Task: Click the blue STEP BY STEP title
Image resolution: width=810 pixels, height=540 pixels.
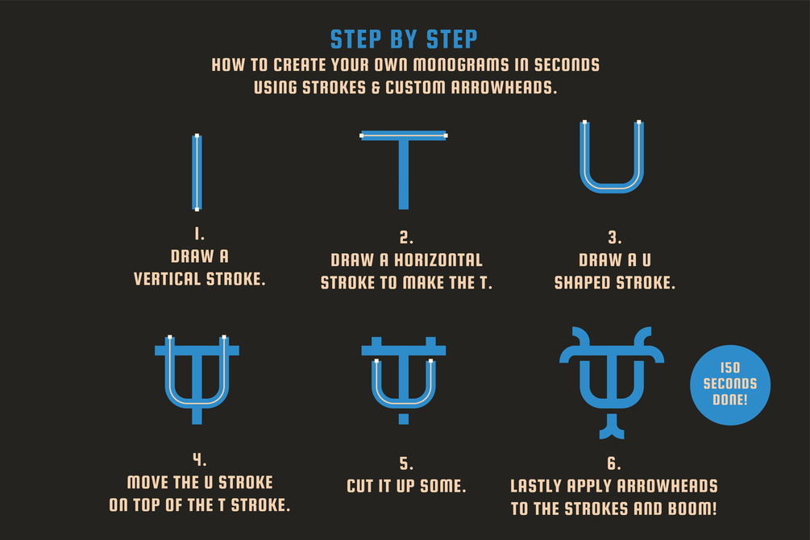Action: tap(404, 39)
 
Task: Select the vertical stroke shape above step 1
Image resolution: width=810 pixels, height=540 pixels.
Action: tap(197, 172)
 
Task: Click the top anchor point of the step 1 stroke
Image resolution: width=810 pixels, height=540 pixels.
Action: tap(197, 136)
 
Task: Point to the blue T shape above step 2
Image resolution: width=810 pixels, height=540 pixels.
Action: tap(404, 169)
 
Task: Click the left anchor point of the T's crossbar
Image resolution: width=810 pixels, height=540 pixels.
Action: tap(362, 136)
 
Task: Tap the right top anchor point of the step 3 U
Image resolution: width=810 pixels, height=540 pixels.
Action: tap(639, 123)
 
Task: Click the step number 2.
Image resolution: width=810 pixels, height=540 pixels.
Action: tap(406, 238)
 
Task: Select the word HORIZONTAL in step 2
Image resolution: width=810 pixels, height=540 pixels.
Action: tap(438, 260)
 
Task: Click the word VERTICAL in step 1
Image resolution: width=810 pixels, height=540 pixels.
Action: tap(168, 279)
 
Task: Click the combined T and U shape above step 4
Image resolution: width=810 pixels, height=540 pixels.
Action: tap(197, 380)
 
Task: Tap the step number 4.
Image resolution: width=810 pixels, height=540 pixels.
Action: tap(199, 459)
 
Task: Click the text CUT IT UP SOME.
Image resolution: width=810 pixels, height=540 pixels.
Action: tap(406, 486)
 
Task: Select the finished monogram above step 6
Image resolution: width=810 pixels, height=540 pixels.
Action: tap(612, 383)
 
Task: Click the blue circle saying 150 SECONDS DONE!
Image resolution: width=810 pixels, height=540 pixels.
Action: tap(730, 385)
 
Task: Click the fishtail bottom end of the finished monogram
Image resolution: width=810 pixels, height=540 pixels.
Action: tap(612, 433)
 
